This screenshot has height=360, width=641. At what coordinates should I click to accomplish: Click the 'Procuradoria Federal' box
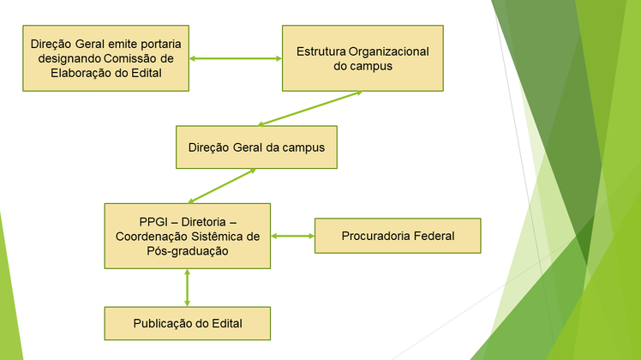pyautogui.click(x=398, y=236)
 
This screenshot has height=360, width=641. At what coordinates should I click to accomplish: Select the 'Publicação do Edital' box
pyautogui.click(x=188, y=323)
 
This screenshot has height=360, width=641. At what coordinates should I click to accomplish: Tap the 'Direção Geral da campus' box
pyautogui.click(x=257, y=147)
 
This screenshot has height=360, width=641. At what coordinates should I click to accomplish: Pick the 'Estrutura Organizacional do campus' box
pyautogui.click(x=362, y=58)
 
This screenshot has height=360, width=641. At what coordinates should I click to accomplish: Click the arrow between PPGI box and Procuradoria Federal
pyautogui.click(x=293, y=236)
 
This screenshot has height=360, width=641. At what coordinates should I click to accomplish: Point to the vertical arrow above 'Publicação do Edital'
pyautogui.click(x=187, y=288)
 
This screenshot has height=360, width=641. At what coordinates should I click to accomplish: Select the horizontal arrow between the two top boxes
pyautogui.click(x=236, y=58)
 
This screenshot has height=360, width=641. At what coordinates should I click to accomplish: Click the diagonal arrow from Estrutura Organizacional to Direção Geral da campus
pyautogui.click(x=310, y=108)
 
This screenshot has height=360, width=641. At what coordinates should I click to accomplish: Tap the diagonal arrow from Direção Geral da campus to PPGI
pyautogui.click(x=222, y=186)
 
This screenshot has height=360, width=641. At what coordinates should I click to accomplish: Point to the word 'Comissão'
pyautogui.click(x=130, y=58)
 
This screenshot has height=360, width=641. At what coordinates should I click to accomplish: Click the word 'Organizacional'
pyautogui.click(x=389, y=52)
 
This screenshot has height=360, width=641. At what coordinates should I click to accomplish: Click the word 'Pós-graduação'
pyautogui.click(x=188, y=251)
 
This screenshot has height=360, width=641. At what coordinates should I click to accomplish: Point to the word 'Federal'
pyautogui.click(x=434, y=236)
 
